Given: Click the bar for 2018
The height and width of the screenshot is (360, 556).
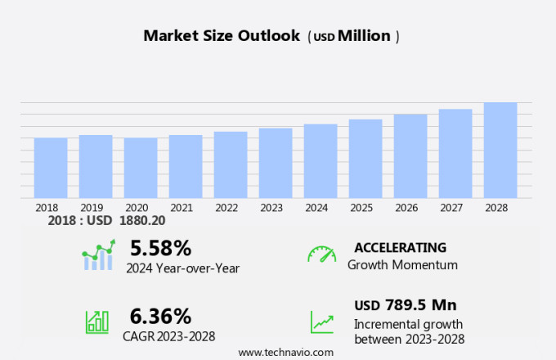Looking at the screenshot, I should (x=51, y=168).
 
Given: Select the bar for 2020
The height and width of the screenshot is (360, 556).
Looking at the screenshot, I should (x=141, y=168).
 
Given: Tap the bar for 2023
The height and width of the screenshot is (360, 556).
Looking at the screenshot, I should (x=276, y=163).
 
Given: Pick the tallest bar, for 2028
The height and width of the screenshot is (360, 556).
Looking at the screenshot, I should (x=500, y=150).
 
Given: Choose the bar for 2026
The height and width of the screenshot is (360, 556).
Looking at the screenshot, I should (x=410, y=155).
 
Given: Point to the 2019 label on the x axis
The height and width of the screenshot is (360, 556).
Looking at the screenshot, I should (x=92, y=208).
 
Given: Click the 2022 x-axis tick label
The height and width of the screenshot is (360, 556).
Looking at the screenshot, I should (x=226, y=208).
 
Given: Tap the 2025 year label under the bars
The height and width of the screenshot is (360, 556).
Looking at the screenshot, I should (x=361, y=208).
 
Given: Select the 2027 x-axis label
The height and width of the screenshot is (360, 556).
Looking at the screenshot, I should (x=451, y=208).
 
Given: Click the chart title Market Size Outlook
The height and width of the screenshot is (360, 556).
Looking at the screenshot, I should (x=222, y=36).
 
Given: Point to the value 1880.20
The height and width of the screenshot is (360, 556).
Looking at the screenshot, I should (x=142, y=221).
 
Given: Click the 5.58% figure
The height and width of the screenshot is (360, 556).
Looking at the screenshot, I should (x=160, y=248).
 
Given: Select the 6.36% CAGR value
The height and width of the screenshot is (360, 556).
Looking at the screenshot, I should (x=160, y=317).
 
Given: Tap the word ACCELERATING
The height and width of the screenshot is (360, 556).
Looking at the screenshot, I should (x=400, y=248).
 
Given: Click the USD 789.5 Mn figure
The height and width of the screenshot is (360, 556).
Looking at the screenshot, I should (x=405, y=305).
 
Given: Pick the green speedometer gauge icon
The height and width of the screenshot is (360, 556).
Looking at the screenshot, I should (x=321, y=254).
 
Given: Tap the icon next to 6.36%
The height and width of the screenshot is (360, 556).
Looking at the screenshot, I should (x=97, y=322).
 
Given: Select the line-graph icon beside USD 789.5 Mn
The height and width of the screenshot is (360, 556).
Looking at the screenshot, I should (x=321, y=322).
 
